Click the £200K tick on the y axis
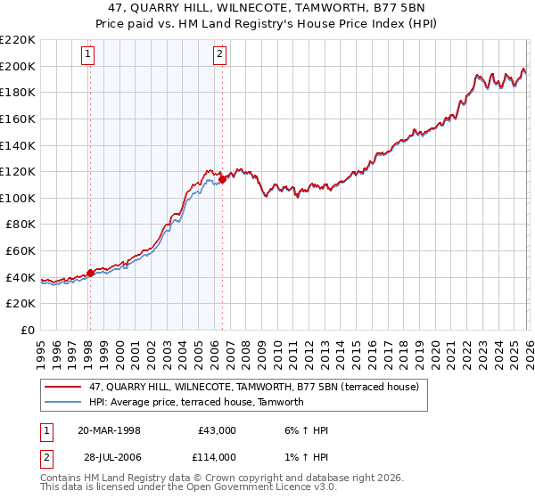18,66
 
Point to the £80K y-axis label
18,225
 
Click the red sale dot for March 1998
90,274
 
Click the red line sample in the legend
63,387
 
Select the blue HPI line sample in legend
63,402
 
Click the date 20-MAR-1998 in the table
109,430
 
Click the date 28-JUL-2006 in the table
109,457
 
